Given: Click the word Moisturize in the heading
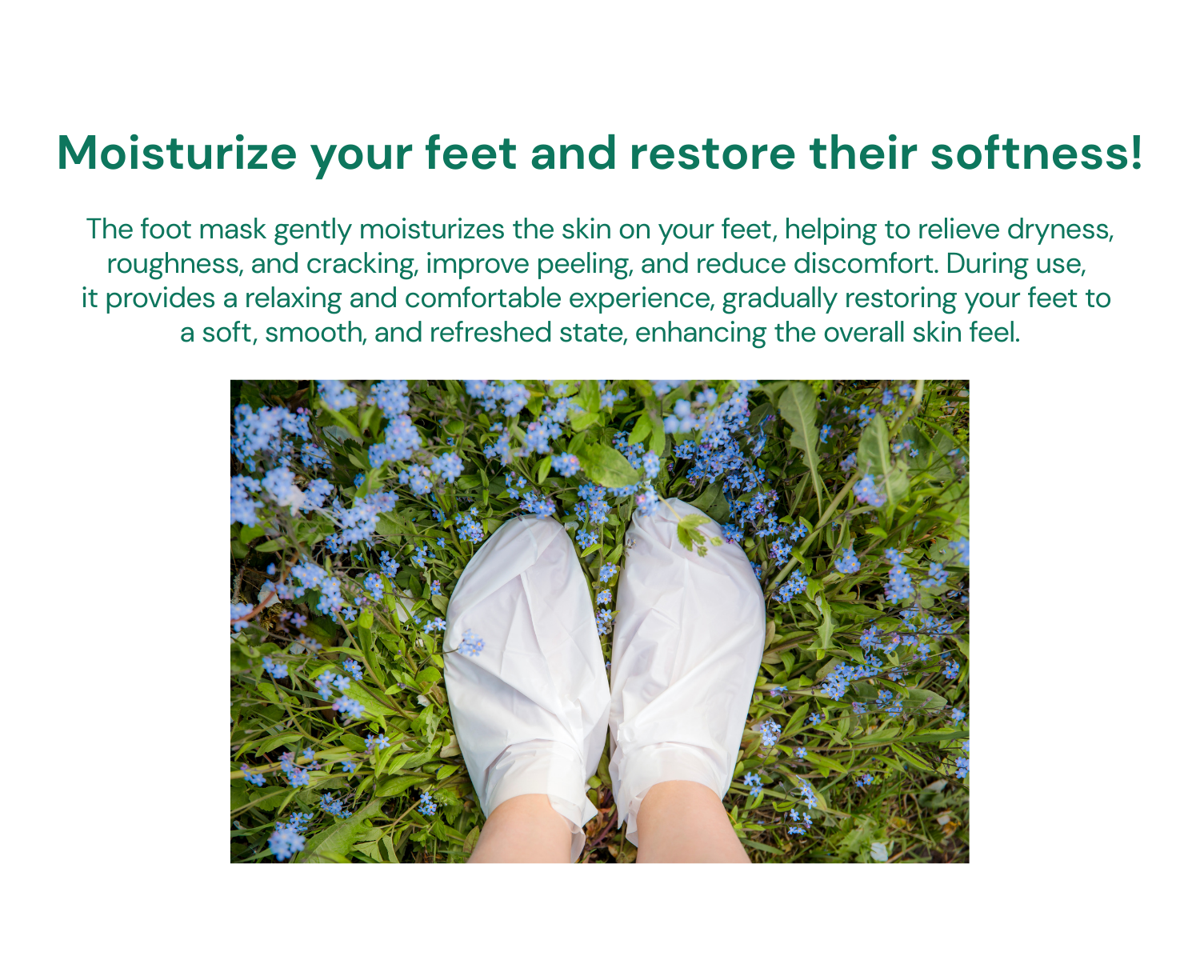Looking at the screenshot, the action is [177, 154].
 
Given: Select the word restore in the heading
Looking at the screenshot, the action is [713, 154].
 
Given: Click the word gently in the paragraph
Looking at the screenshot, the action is [313, 230].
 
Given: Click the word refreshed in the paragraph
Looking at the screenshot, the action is [490, 333].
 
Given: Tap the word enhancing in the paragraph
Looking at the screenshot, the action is [700, 334].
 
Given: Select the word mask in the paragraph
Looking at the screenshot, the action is [233, 230].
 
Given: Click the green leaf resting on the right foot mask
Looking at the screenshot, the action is [694, 533].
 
